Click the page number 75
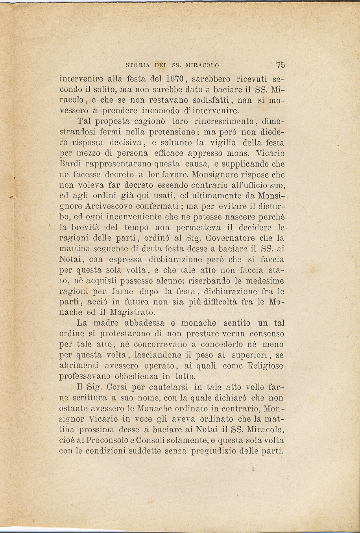281,65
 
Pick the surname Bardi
70,164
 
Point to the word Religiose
264,366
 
